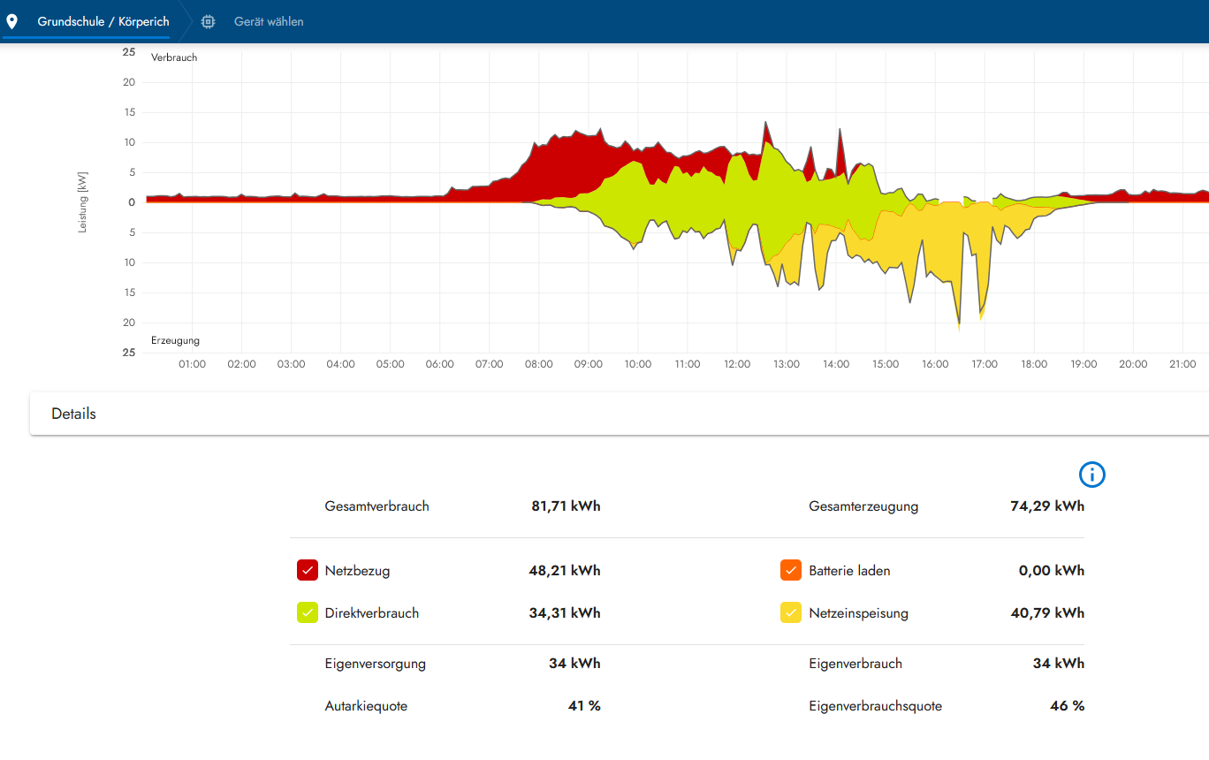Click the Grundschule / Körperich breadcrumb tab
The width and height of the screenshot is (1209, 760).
click(103, 21)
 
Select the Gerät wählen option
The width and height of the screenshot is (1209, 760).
click(268, 21)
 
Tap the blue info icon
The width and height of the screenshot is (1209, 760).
click(1092, 475)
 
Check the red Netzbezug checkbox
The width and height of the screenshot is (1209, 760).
click(308, 570)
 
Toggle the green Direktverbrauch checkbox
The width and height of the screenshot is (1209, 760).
click(308, 612)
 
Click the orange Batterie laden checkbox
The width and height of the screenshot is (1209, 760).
click(790, 570)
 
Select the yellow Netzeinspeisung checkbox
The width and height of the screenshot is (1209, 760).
click(790, 612)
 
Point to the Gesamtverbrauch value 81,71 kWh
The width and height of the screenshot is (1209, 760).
click(566, 506)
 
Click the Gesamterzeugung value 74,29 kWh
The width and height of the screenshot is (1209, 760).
click(1047, 506)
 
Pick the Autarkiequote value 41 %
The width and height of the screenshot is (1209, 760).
click(584, 706)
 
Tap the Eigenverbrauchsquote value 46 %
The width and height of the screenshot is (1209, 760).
click(1068, 706)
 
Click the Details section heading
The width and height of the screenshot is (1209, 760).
click(74, 414)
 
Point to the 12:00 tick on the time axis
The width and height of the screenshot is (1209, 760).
click(737, 364)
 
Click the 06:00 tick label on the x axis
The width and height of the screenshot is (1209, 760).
click(440, 364)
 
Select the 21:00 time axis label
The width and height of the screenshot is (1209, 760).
click(1182, 364)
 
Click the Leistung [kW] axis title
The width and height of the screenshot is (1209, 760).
click(83, 202)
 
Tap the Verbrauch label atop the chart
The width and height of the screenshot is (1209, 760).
click(174, 57)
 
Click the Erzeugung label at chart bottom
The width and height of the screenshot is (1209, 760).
click(175, 340)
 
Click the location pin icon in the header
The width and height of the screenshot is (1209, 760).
click(12, 21)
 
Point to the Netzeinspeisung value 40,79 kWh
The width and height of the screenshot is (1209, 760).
click(1047, 612)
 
